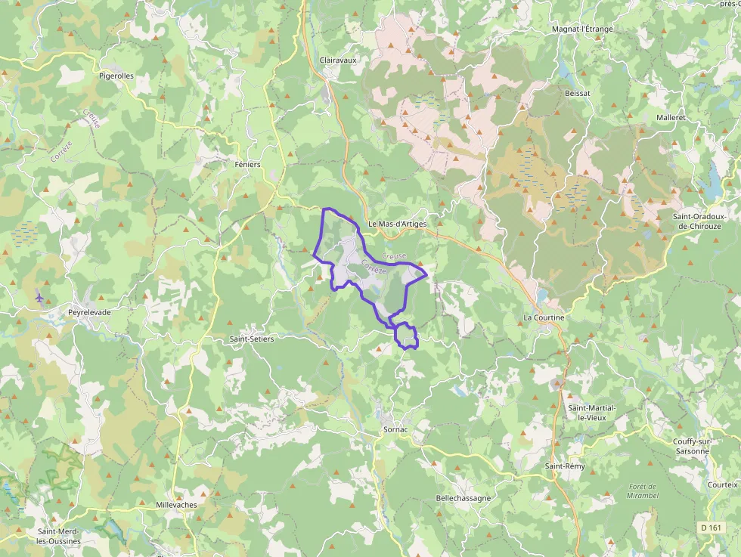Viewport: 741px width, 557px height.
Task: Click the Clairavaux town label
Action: pyautogui.click(x=338, y=59)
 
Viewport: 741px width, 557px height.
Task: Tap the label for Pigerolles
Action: pyautogui.click(x=116, y=76)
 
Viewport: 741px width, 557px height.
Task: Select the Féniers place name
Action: pyautogui.click(x=248, y=164)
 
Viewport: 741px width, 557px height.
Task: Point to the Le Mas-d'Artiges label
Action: pyautogui.click(x=397, y=224)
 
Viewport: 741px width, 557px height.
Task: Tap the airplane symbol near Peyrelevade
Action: pyautogui.click(x=39, y=297)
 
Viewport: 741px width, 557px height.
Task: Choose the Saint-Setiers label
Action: pyautogui.click(x=252, y=339)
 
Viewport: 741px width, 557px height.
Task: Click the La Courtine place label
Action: pyautogui.click(x=544, y=317)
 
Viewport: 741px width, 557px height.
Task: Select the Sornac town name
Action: pyautogui.click(x=395, y=429)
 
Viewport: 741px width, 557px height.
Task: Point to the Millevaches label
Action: pyautogui.click(x=175, y=504)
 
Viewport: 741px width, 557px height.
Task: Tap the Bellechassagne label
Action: pyautogui.click(x=464, y=498)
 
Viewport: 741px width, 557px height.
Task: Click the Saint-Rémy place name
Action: pyautogui.click(x=566, y=466)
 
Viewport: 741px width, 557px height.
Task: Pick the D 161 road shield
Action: pyautogui.click(x=711, y=527)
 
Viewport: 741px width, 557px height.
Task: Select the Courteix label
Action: pyautogui.click(x=722, y=484)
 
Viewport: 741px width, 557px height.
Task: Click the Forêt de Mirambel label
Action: pyautogui.click(x=643, y=490)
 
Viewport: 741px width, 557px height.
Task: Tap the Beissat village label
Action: pyautogui.click(x=577, y=92)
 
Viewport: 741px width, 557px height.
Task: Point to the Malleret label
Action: pyautogui.click(x=671, y=118)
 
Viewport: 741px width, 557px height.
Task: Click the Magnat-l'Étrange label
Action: pyautogui.click(x=582, y=29)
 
